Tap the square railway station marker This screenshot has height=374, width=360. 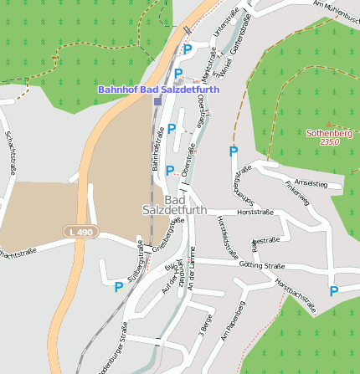point(157,101)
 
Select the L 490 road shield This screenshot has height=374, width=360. point(76,231)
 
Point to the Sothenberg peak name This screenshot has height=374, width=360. point(329,133)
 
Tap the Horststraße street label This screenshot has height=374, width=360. point(256,212)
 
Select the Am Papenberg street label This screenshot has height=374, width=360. point(232,320)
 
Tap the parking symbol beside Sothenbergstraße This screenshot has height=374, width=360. point(234,151)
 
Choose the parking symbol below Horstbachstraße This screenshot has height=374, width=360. point(333,291)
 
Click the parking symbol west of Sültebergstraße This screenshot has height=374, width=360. point(119,287)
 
